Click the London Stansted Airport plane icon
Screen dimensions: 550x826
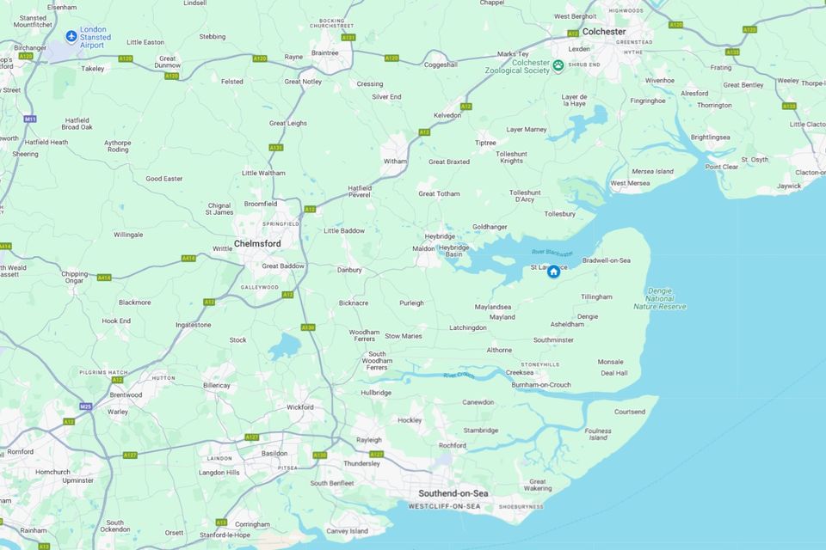click(71, 36)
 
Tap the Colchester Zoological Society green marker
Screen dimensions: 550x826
click(558, 65)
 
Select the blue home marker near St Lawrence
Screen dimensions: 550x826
click(554, 272)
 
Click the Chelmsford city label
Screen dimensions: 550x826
click(257, 244)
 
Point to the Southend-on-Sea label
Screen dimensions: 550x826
click(453, 493)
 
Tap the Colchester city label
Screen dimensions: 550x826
click(604, 32)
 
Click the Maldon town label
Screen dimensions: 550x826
click(424, 248)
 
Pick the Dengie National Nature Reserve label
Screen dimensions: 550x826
click(660, 299)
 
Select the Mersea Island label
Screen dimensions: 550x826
click(653, 171)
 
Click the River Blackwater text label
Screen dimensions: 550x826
click(552, 252)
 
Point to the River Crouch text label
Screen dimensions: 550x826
click(460, 376)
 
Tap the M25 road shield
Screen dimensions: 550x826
click(85, 406)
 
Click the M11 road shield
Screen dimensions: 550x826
click(30, 119)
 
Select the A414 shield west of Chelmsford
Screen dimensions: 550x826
click(188, 258)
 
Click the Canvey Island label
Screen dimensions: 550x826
click(347, 531)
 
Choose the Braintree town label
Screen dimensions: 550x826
click(324, 52)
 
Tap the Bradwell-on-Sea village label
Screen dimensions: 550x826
click(607, 260)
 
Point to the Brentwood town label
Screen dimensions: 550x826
click(126, 394)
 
